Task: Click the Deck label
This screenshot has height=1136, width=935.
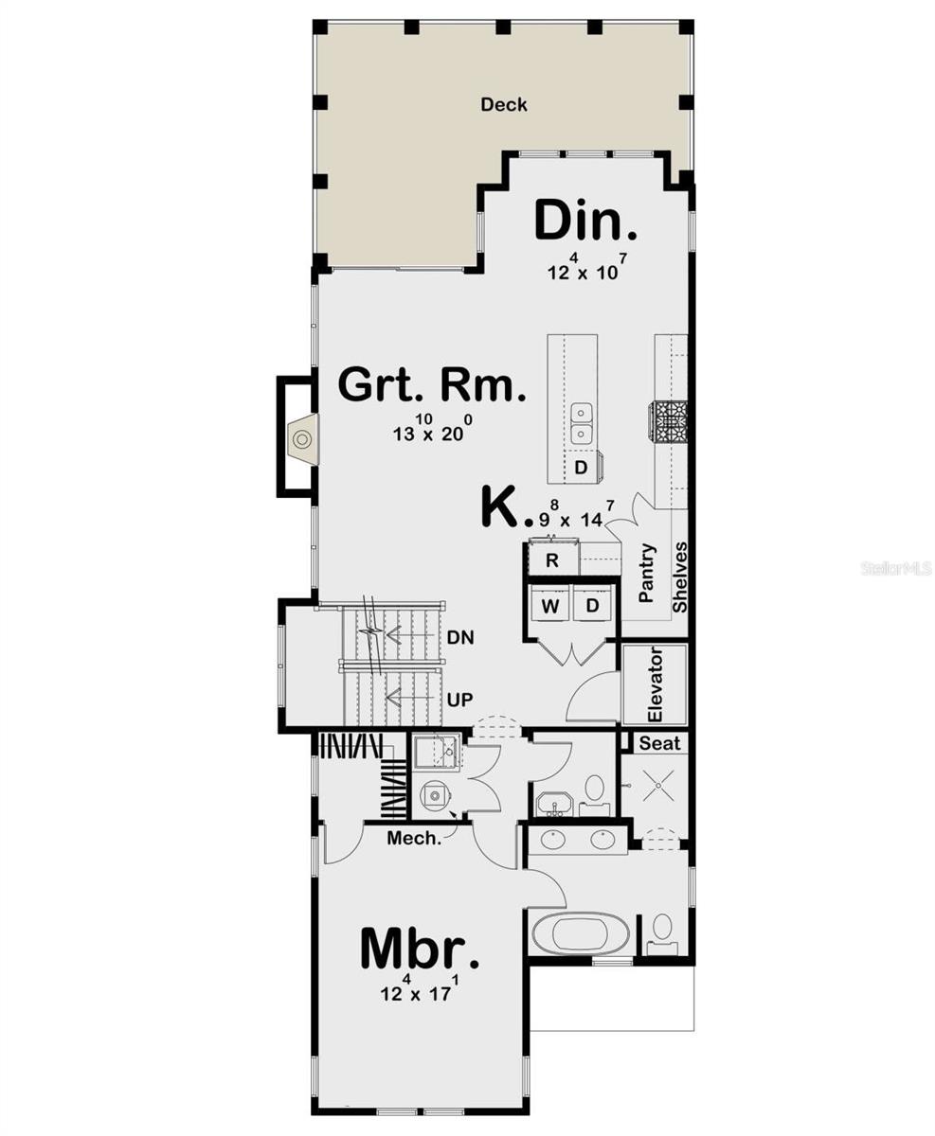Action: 503,105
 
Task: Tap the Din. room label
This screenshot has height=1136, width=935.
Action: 585,222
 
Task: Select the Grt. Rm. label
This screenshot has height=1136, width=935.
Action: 431,385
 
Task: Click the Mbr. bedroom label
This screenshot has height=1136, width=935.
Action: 420,950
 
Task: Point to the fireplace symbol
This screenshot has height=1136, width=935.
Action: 302,439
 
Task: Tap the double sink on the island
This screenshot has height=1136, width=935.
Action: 582,423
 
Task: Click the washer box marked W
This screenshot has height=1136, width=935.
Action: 550,605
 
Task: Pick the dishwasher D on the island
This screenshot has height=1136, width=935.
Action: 582,468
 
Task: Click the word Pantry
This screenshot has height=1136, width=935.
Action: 647,573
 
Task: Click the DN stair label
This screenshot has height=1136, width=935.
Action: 460,638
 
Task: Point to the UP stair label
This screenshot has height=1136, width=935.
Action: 460,699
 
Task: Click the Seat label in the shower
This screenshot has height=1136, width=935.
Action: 659,743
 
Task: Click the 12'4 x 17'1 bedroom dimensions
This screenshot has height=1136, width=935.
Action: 419,991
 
